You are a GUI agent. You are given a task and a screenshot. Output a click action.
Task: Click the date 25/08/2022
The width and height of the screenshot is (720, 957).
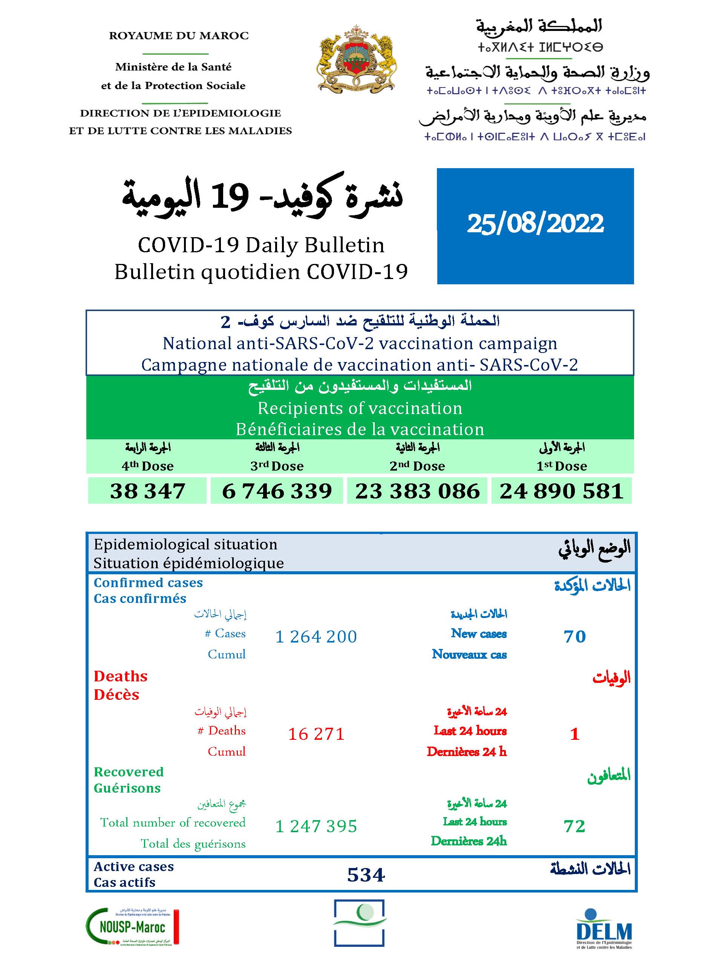pyautogui.click(x=535, y=224)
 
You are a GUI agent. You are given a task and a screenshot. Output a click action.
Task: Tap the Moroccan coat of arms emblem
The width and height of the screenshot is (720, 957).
pyautogui.click(x=356, y=58)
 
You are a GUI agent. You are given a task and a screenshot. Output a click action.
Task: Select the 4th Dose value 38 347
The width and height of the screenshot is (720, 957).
pyautogui.click(x=147, y=491)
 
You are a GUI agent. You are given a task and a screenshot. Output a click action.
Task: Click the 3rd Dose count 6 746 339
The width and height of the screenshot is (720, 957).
pyautogui.click(x=277, y=491)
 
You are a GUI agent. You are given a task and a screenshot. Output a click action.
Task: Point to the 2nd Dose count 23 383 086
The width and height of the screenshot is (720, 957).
pyautogui.click(x=417, y=491)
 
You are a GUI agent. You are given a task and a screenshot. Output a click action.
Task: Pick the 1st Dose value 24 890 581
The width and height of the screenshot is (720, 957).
pyautogui.click(x=561, y=491)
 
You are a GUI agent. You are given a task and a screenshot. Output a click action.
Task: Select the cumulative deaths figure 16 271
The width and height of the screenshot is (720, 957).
pyautogui.click(x=316, y=734)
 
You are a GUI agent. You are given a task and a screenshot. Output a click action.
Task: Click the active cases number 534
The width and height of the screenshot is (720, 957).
pyautogui.click(x=366, y=875)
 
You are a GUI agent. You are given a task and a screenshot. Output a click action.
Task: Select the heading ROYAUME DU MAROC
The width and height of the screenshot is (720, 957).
pyautogui.click(x=179, y=35)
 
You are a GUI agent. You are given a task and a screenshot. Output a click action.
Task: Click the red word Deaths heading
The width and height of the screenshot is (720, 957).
pyautogui.click(x=121, y=676)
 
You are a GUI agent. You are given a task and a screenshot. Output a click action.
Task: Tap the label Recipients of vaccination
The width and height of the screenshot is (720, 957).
pyautogui.click(x=360, y=408)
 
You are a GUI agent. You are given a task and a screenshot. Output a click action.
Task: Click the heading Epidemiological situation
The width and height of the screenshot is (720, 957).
pyautogui.click(x=185, y=544)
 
